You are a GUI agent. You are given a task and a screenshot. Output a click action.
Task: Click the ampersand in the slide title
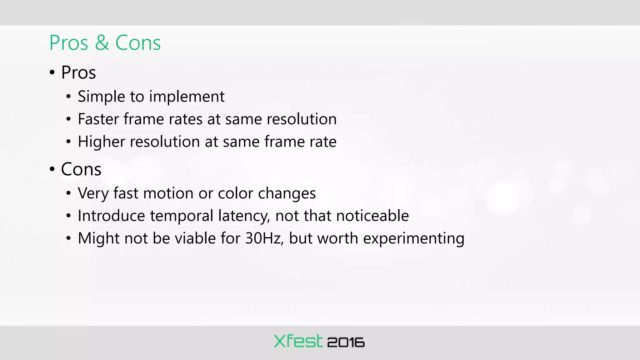[102, 43]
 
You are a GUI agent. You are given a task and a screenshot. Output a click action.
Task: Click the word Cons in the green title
[138, 43]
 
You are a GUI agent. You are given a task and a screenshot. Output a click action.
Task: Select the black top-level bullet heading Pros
[78, 72]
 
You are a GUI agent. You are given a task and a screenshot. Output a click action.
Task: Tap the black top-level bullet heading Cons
[81, 169]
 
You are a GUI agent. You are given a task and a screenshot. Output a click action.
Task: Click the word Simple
[101, 96]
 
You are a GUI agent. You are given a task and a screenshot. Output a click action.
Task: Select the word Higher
[101, 142]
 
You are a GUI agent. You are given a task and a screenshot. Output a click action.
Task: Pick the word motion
[168, 193]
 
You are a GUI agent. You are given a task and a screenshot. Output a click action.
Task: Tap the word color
[235, 193]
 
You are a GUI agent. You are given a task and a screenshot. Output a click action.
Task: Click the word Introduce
[112, 216]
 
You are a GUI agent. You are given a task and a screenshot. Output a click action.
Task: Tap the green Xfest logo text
[298, 341]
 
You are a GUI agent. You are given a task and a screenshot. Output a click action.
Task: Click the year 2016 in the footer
[346, 342]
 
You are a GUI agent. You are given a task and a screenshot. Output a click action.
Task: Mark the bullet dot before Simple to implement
[68, 97]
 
